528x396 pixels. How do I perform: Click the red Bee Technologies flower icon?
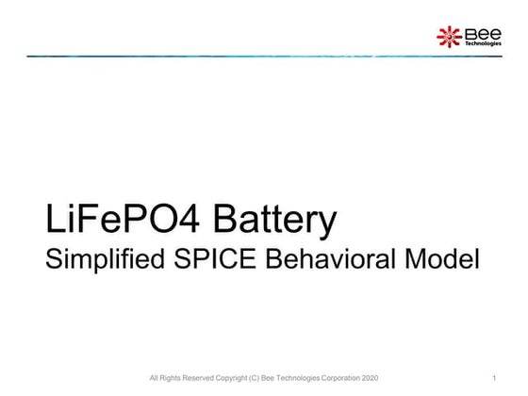pos(448,38)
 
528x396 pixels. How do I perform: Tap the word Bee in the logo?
pos(477,34)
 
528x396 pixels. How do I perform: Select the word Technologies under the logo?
pos(483,43)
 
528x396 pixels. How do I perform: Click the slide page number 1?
pos(494,379)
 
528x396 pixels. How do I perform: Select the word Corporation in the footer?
pos(336,379)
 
